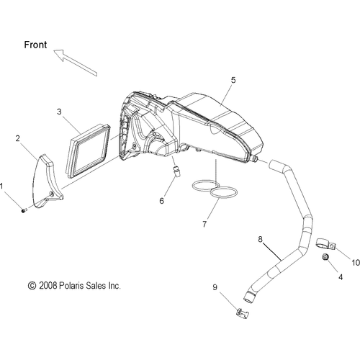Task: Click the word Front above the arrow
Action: click(35, 45)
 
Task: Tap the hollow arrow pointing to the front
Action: click(75, 63)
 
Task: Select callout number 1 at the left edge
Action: click(1, 186)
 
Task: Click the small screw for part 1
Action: click(24, 211)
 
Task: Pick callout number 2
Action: click(17, 138)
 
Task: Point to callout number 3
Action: click(59, 112)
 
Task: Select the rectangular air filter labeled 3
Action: click(88, 150)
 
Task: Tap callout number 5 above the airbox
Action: click(233, 80)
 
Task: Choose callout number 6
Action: click(161, 201)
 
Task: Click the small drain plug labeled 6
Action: click(176, 171)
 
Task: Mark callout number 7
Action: click(204, 224)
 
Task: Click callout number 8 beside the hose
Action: click(261, 239)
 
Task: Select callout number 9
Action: click(215, 287)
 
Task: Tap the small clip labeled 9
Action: click(243, 313)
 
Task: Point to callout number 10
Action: click(356, 263)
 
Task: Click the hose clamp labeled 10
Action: click(325, 245)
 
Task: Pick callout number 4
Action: click(341, 277)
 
